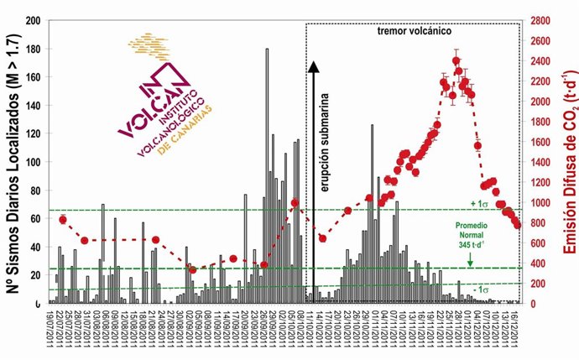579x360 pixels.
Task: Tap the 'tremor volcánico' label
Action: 411,30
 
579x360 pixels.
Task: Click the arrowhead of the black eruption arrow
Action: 312,67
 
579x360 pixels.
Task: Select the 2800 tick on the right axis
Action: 539,20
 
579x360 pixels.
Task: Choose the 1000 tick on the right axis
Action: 539,202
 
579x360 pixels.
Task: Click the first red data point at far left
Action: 63,219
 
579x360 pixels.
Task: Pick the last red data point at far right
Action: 518,224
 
